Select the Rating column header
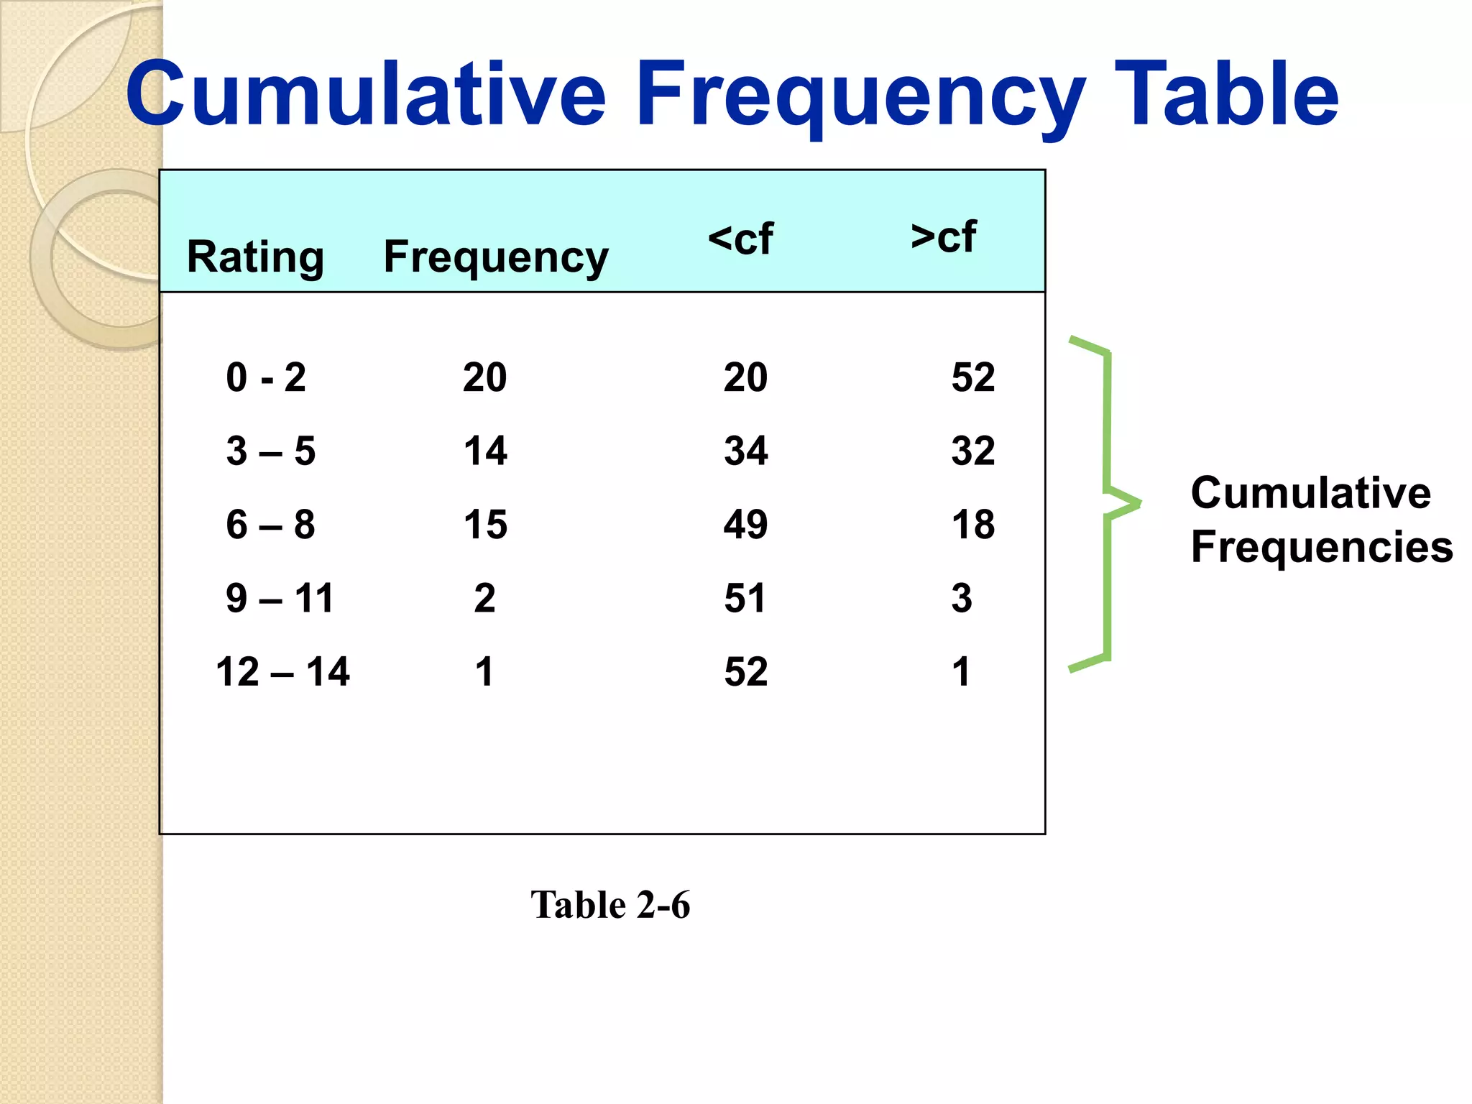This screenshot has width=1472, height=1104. [x=255, y=257]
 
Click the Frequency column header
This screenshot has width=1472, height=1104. [x=495, y=257]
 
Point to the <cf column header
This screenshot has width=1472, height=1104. [x=740, y=239]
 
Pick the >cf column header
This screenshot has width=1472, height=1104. [x=943, y=236]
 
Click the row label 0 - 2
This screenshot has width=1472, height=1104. [x=266, y=377]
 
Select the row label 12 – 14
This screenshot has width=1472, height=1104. [x=282, y=672]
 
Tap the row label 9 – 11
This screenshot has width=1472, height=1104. [x=280, y=598]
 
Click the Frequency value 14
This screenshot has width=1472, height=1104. [x=485, y=451]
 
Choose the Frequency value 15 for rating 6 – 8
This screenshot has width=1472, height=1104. [x=485, y=525]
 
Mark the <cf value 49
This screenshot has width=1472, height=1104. [x=745, y=525]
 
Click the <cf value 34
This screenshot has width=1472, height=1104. [x=745, y=451]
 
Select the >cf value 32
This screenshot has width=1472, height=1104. [x=973, y=451]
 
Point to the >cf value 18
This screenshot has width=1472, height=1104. [x=973, y=525]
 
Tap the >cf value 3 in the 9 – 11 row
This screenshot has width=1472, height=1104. [x=962, y=598]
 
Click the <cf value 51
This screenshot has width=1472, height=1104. [x=745, y=598]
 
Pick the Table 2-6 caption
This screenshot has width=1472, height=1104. [x=610, y=904]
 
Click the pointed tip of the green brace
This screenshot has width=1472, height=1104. [x=1138, y=502]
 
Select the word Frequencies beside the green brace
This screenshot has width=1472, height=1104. [x=1321, y=546]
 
